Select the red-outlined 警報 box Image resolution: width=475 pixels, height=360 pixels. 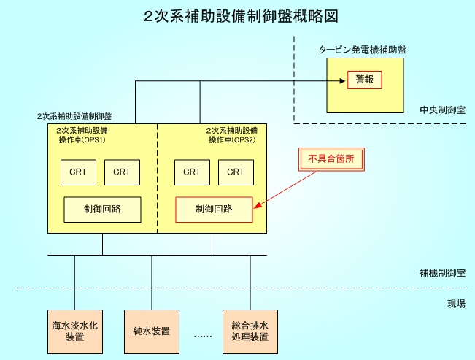364,80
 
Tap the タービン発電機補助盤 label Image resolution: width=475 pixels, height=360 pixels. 363,50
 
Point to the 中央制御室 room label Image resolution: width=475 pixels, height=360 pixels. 443,110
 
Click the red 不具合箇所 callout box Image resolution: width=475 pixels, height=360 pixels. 331,158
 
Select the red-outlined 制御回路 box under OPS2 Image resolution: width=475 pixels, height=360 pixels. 214,210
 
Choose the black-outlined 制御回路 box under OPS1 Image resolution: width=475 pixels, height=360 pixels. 102,210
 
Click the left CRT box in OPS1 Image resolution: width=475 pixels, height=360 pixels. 78,172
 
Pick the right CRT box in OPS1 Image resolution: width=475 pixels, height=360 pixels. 122,172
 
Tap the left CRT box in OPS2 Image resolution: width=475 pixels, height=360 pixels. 192,172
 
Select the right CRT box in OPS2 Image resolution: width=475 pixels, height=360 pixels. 236,172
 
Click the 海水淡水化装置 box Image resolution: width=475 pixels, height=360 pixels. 74,332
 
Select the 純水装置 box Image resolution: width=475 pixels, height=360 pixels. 152,332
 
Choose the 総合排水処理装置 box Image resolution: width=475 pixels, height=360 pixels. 250,332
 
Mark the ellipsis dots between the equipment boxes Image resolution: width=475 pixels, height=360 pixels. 201,336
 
